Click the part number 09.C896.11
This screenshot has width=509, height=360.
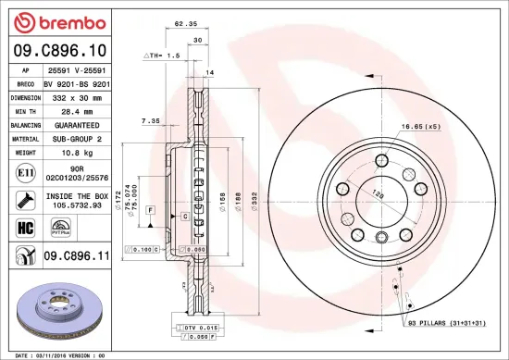tap(79, 255)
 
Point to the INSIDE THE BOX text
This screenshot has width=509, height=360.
tap(79, 196)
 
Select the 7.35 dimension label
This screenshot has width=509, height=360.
tap(150, 121)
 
